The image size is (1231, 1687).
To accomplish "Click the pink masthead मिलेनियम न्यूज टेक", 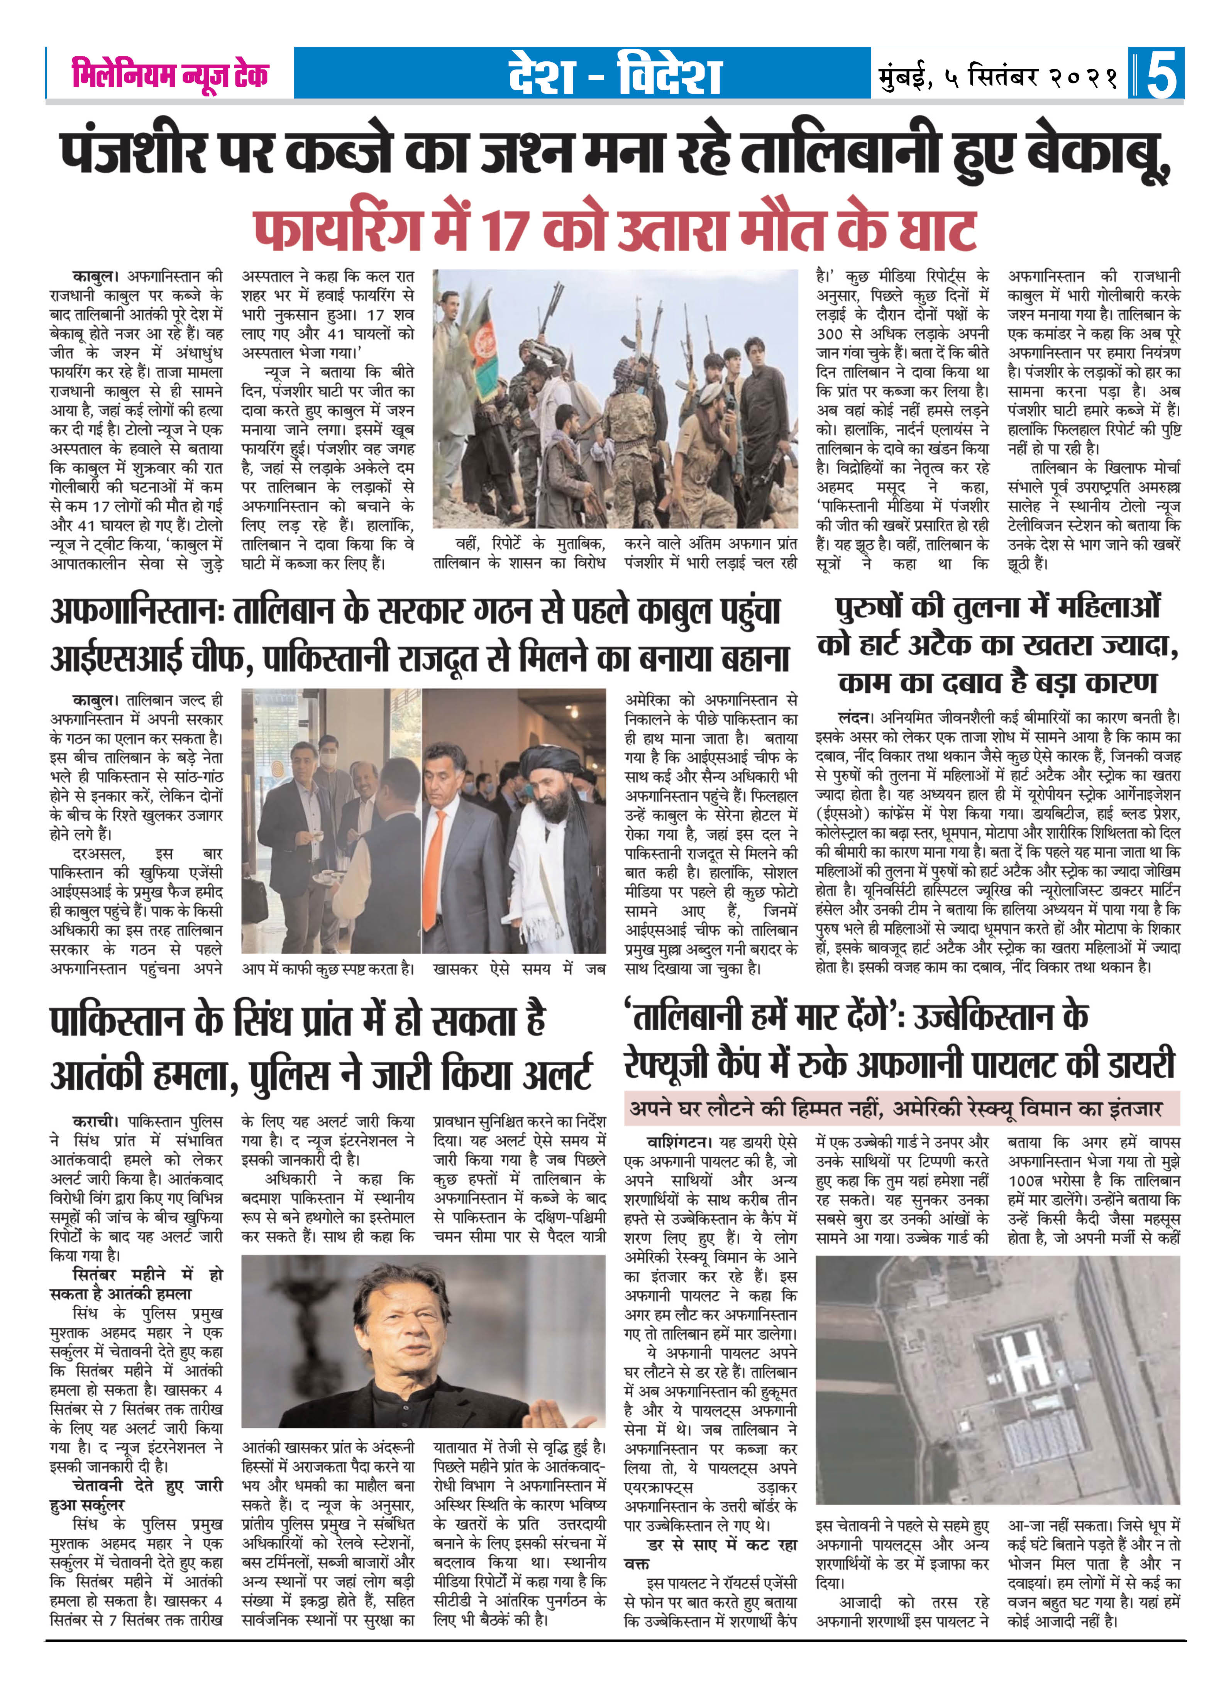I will [170, 74].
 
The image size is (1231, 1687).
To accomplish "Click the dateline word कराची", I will [95, 1121].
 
